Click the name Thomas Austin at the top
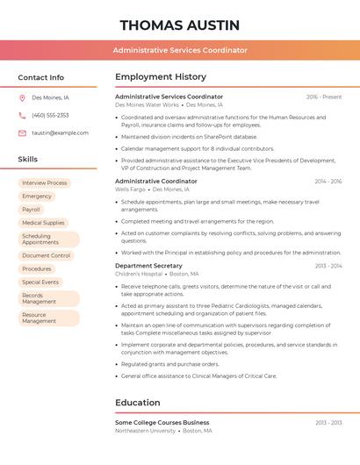[180, 25]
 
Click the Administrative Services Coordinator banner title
[180, 50]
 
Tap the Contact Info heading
[41, 77]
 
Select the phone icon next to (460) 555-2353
[22, 115]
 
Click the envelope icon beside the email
[22, 132]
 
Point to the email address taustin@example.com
[60, 132]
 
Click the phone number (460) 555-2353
[50, 115]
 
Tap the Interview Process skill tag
[44, 183]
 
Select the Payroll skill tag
[32, 210]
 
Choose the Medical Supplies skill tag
[43, 223]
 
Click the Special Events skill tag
[40, 283]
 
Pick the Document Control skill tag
[46, 256]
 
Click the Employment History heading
[161, 77]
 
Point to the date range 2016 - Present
[324, 97]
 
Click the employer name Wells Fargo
[130, 190]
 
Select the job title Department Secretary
[148, 265]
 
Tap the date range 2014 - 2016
[328, 182]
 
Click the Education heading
[138, 403]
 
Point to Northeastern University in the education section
[145, 431]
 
